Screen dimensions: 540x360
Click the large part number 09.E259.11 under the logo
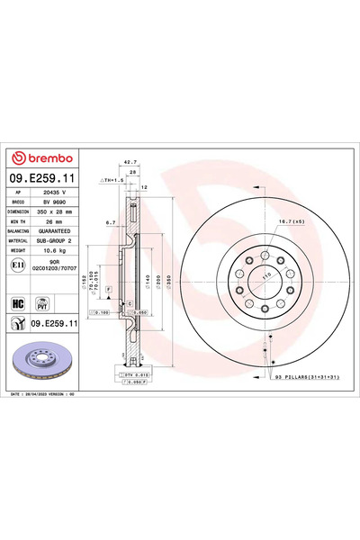click(x=44, y=180)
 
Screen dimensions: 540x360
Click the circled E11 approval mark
click(x=18, y=269)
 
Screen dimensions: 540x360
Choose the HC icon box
click(x=18, y=305)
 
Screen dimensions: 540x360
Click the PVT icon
click(x=41, y=305)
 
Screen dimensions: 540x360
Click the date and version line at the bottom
click(x=54, y=394)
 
